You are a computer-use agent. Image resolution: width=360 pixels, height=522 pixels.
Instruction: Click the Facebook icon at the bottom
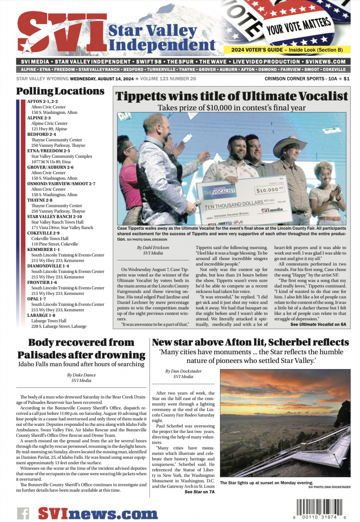pos(23,513)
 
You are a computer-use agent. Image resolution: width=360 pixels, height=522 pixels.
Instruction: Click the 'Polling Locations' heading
pos(60,91)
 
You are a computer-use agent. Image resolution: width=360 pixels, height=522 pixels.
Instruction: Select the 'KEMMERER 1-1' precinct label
pos(44,249)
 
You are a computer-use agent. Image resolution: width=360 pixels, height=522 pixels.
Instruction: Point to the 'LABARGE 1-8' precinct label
pos(41,315)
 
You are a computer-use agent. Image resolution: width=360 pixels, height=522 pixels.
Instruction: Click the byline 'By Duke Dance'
pos(81,375)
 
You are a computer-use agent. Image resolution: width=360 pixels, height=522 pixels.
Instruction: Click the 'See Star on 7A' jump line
pos(200,492)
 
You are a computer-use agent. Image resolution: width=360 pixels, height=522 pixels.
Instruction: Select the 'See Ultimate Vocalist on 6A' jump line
pos(318,325)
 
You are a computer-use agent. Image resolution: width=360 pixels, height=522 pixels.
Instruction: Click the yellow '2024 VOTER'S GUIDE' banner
pos(287,50)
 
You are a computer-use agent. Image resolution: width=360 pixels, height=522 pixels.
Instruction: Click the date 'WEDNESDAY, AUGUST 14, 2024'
pos(102,79)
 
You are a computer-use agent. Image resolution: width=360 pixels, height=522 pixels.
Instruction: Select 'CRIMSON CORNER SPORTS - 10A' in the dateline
pos(301,79)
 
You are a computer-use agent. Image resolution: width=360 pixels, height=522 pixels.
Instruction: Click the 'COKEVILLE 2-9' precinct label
pos(44,233)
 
